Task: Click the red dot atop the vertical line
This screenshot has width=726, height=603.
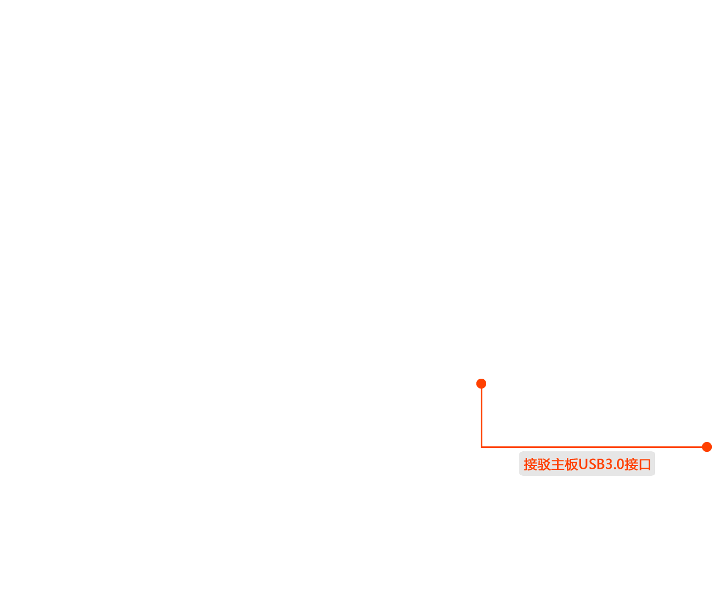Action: click(481, 384)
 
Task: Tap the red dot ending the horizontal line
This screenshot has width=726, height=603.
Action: click(707, 447)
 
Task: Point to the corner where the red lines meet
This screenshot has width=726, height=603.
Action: click(482, 447)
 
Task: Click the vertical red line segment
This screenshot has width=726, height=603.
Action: click(482, 418)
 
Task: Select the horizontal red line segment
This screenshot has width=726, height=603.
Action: click(592, 447)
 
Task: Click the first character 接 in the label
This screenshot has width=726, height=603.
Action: click(530, 464)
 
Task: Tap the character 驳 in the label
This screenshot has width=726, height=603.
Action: click(544, 464)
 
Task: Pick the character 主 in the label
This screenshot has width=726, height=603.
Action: click(558, 464)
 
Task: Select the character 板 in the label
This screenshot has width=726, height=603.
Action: click(571, 464)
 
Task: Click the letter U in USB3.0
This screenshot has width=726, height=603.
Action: click(583, 464)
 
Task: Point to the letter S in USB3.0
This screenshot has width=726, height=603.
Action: click(592, 464)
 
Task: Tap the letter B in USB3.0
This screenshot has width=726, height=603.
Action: click(601, 464)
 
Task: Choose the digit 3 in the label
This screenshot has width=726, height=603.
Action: click(609, 464)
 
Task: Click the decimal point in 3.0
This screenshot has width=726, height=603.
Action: click(614, 469)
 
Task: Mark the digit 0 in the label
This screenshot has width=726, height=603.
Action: click(620, 464)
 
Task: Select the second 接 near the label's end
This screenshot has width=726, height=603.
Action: click(631, 464)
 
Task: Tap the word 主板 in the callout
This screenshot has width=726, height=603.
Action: click(565, 464)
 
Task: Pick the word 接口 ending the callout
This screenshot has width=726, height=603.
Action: click(638, 464)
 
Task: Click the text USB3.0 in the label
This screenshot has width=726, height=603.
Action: click(601, 464)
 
